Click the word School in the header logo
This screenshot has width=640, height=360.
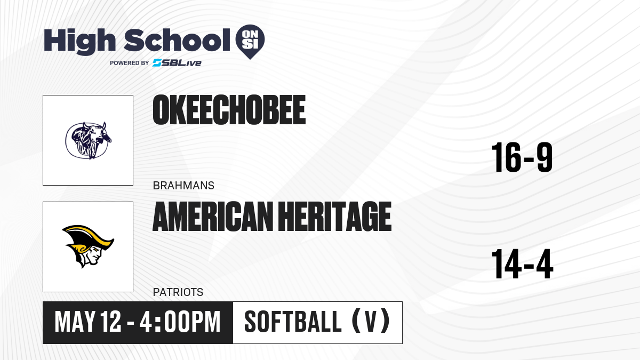tap(177, 40)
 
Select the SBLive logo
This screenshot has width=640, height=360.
tap(177, 63)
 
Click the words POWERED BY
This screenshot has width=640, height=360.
tap(130, 63)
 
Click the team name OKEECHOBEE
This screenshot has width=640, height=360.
tap(229, 110)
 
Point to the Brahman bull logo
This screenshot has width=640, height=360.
tap(89, 140)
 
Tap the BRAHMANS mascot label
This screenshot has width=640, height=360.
tap(183, 186)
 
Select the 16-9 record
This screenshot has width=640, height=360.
tap(522, 157)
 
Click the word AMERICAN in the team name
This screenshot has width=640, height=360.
tap(213, 217)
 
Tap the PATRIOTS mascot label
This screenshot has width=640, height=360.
tap(178, 292)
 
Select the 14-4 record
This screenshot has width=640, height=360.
tap(522, 264)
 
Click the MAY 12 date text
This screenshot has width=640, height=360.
tap(88, 322)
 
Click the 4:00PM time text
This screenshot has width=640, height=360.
tap(180, 322)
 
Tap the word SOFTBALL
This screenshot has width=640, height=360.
tap(293, 322)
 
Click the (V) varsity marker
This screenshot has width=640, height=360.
tap(371, 321)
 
